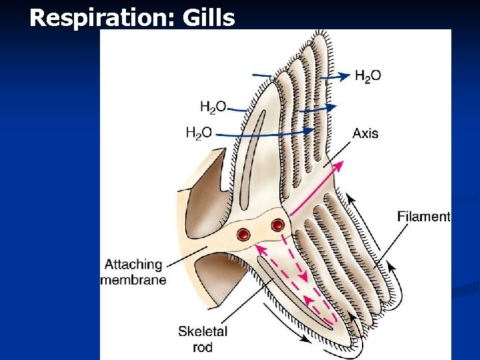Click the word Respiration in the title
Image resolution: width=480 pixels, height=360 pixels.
pos(100,17)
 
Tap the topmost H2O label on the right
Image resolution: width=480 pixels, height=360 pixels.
pos(368,76)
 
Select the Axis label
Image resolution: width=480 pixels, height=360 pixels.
pos(365,133)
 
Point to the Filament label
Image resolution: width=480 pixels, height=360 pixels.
pos(424,216)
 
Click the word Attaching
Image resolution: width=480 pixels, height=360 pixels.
pos(133,265)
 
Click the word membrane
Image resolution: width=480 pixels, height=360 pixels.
pos(133,280)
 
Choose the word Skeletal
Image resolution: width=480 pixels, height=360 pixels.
pos(203,331)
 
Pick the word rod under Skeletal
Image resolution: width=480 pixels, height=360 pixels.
pos(203,347)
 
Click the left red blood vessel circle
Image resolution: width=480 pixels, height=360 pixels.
pos(243,234)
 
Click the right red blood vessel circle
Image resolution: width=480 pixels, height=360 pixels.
pos(278,225)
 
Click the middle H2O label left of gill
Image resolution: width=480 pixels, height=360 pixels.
pos(213,107)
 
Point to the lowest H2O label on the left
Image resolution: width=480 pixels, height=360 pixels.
pos(199,133)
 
